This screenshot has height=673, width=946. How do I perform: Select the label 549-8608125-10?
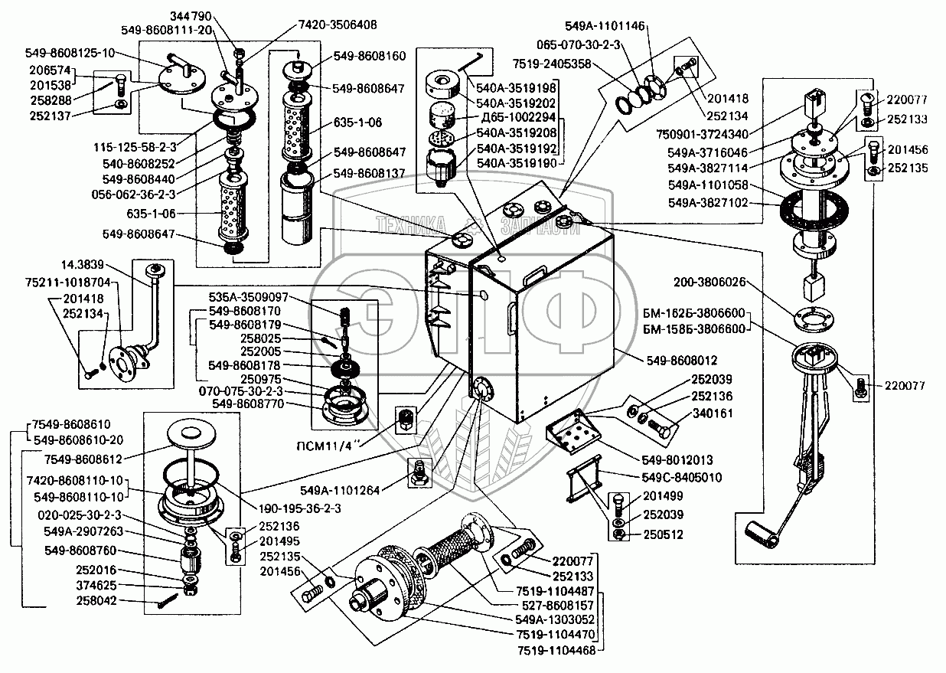69,54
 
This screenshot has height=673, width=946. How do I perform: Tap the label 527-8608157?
552,605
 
